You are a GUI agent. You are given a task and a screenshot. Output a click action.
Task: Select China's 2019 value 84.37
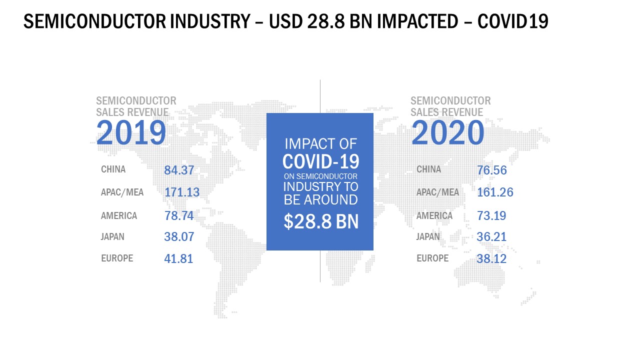click(x=179, y=170)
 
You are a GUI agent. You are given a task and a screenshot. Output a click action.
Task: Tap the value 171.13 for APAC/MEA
click(x=182, y=192)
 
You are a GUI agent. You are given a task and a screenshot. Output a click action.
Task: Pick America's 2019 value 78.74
click(x=179, y=215)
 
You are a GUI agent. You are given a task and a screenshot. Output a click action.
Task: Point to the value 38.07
click(x=179, y=237)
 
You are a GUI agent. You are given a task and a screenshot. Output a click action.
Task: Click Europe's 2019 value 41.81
click(x=178, y=259)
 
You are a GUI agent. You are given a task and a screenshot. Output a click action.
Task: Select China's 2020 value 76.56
click(x=492, y=170)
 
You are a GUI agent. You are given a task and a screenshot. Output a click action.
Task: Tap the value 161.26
click(x=495, y=192)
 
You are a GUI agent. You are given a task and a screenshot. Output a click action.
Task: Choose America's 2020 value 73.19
click(x=491, y=215)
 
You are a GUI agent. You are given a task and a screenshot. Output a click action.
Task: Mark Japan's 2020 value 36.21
click(x=491, y=237)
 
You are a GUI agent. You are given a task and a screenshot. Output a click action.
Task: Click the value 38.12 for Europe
click(x=491, y=259)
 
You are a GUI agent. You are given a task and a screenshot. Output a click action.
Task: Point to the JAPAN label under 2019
click(x=112, y=237)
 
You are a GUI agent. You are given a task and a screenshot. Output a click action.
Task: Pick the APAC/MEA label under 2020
click(x=438, y=192)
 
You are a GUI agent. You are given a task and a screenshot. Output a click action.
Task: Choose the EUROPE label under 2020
click(x=433, y=258)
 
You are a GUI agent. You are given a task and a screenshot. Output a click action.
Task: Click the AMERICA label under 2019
click(x=119, y=215)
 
